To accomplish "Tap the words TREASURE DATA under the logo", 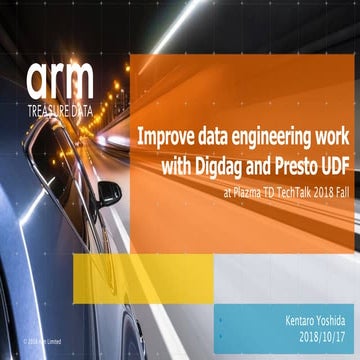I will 61,110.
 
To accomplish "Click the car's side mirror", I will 108,192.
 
